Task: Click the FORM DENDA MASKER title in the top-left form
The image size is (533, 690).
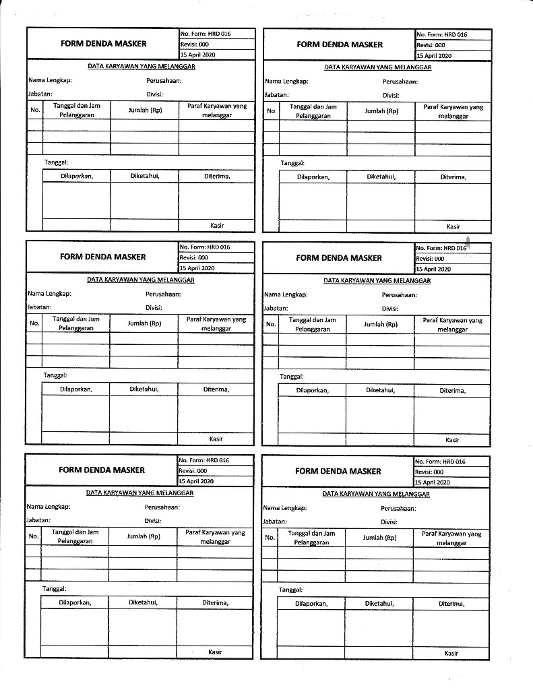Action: pyautogui.click(x=103, y=44)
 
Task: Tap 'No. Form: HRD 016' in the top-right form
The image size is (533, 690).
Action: pyautogui.click(x=442, y=34)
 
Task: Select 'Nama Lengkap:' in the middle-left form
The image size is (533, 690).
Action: pyautogui.click(x=49, y=294)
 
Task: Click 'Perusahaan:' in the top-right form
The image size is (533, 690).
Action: pyautogui.click(x=400, y=82)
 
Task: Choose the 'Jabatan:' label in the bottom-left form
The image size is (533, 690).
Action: pyautogui.click(x=38, y=520)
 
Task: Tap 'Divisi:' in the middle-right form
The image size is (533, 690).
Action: pyautogui.click(x=390, y=309)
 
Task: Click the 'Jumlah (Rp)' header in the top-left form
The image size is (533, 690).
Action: pyautogui.click(x=145, y=110)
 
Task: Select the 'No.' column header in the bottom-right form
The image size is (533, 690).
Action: pyautogui.click(x=270, y=538)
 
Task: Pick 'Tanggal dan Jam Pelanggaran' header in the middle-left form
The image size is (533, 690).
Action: pyautogui.click(x=75, y=323)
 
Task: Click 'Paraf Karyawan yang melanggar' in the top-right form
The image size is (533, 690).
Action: pyautogui.click(x=453, y=111)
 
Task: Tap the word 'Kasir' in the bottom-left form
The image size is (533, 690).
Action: pyautogui.click(x=215, y=652)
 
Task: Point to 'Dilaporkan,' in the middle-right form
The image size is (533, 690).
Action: pyautogui.click(x=313, y=390)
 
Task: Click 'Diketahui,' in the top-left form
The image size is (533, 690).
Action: pyautogui.click(x=145, y=176)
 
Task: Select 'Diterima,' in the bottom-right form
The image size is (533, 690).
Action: pyautogui.click(x=452, y=604)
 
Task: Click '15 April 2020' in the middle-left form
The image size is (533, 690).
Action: pyautogui.click(x=197, y=268)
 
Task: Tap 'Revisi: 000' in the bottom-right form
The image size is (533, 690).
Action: pyautogui.click(x=429, y=472)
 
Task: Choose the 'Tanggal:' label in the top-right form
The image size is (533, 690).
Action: pyautogui.click(x=292, y=163)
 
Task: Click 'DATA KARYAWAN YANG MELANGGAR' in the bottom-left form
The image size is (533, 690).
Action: pyautogui.click(x=140, y=493)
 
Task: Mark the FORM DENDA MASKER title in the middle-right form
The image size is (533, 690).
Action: pyautogui.click(x=339, y=258)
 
